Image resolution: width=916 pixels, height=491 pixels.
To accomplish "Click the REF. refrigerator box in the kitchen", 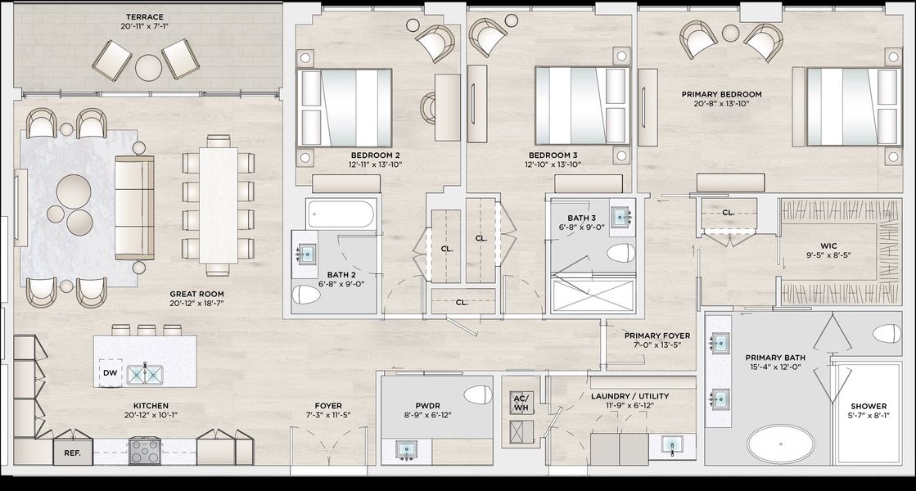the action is click(x=72, y=453).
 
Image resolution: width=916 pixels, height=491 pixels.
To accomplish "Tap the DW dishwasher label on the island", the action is click(x=110, y=373).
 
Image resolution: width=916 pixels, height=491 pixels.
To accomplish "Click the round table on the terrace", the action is click(x=148, y=68).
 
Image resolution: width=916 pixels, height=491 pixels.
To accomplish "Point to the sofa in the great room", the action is click(x=134, y=207).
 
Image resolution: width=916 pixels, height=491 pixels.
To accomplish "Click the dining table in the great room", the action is click(x=218, y=205).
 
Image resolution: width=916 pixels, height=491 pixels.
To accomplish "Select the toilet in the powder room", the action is click(x=478, y=394).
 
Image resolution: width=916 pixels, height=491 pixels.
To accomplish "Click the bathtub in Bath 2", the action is click(x=341, y=214).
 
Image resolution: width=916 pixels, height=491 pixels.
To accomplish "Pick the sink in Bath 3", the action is click(x=619, y=217).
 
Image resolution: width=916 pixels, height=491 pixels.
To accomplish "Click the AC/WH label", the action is click(x=521, y=403).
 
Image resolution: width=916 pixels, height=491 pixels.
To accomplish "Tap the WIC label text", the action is click(x=828, y=245).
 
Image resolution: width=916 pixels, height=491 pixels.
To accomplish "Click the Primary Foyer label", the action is click(x=657, y=336).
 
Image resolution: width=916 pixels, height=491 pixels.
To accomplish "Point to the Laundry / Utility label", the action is click(x=629, y=396).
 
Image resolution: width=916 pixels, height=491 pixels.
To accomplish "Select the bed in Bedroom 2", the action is click(x=344, y=107).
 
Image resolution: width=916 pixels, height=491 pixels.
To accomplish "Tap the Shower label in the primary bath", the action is click(x=868, y=406).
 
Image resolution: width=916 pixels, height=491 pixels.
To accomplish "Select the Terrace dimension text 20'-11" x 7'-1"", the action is click(x=145, y=26).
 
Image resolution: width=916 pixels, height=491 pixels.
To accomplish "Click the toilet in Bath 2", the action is click(x=306, y=295).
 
